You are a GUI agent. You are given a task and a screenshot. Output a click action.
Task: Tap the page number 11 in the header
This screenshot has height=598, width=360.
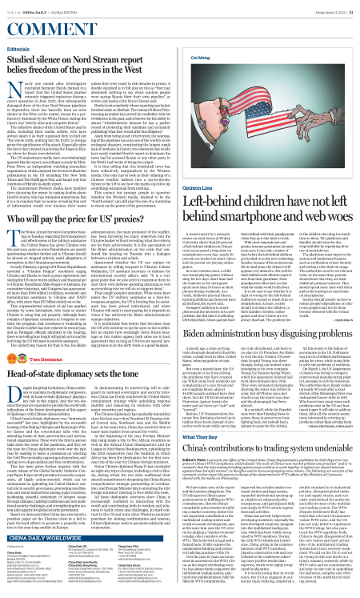(350, 10)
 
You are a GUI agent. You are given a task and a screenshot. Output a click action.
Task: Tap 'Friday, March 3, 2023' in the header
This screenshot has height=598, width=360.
(326, 10)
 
